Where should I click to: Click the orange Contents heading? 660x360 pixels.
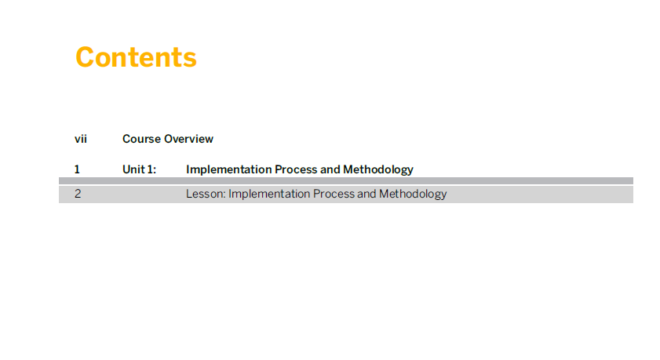click(136, 57)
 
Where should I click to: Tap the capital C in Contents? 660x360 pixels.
click(86, 57)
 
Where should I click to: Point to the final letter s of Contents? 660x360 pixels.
click(190, 60)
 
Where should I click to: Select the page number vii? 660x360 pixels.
click(81, 139)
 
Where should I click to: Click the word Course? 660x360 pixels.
click(141, 139)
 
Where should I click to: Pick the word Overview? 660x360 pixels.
click(188, 139)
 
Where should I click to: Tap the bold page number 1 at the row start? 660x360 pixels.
click(77, 169)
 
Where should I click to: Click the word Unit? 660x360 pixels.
click(133, 169)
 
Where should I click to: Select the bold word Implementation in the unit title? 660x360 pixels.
click(229, 169)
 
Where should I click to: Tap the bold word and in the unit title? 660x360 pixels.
click(330, 169)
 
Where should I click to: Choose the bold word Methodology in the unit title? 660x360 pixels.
click(378, 170)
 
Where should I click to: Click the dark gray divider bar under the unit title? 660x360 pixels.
click(346, 181)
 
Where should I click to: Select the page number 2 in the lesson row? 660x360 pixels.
click(78, 194)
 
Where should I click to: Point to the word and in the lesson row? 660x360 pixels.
click(366, 194)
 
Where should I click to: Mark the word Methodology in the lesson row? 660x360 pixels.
click(413, 195)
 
